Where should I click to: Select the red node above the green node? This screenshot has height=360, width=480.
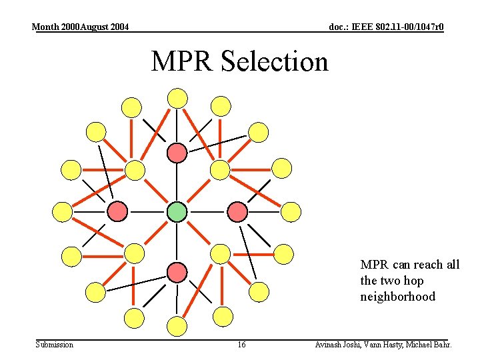tap(177, 153)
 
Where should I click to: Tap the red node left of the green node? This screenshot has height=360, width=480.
tap(117, 211)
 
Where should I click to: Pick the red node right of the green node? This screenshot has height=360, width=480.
tap(237, 211)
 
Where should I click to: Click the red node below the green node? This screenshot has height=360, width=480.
tap(177, 272)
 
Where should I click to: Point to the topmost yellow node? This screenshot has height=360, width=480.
tap(177, 98)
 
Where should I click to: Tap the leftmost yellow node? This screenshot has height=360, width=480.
tap(62, 212)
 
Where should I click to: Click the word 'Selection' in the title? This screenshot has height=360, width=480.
tap(274, 62)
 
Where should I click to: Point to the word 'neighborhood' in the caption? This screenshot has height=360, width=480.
tap(397, 297)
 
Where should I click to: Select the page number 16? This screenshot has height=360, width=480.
tap(241, 345)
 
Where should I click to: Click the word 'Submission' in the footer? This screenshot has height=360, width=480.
tap(55, 345)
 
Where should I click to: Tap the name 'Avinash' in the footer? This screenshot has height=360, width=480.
tap(331, 345)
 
